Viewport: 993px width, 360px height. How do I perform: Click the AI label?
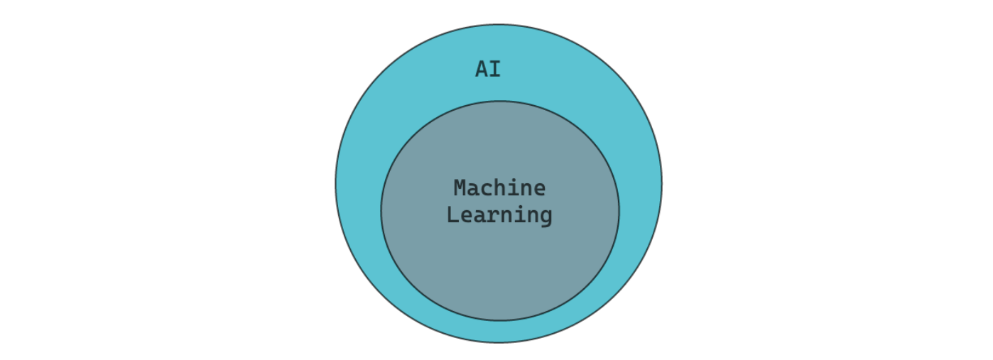[488, 70]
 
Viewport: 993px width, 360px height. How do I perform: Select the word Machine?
[499, 188]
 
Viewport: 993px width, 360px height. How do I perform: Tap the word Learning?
[499, 214]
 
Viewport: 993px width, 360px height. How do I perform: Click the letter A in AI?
[482, 70]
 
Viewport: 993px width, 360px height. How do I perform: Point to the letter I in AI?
[494, 70]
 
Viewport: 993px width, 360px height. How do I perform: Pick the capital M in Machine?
[460, 188]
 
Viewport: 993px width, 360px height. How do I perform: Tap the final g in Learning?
[546, 217]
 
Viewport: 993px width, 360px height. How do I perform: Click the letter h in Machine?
[499, 188]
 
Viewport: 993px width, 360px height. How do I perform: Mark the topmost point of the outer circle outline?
[499, 25]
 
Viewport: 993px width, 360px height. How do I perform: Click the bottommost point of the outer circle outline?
[499, 342]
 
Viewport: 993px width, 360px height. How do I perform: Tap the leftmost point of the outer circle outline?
[335, 183]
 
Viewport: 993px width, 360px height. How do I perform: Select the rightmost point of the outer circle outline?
[662, 183]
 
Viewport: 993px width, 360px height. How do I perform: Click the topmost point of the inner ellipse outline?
[499, 101]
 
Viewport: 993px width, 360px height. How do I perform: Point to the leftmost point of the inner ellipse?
[381, 210]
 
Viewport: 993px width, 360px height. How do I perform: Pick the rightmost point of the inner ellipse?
[619, 210]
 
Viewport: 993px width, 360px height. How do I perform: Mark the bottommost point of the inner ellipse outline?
[499, 320]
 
